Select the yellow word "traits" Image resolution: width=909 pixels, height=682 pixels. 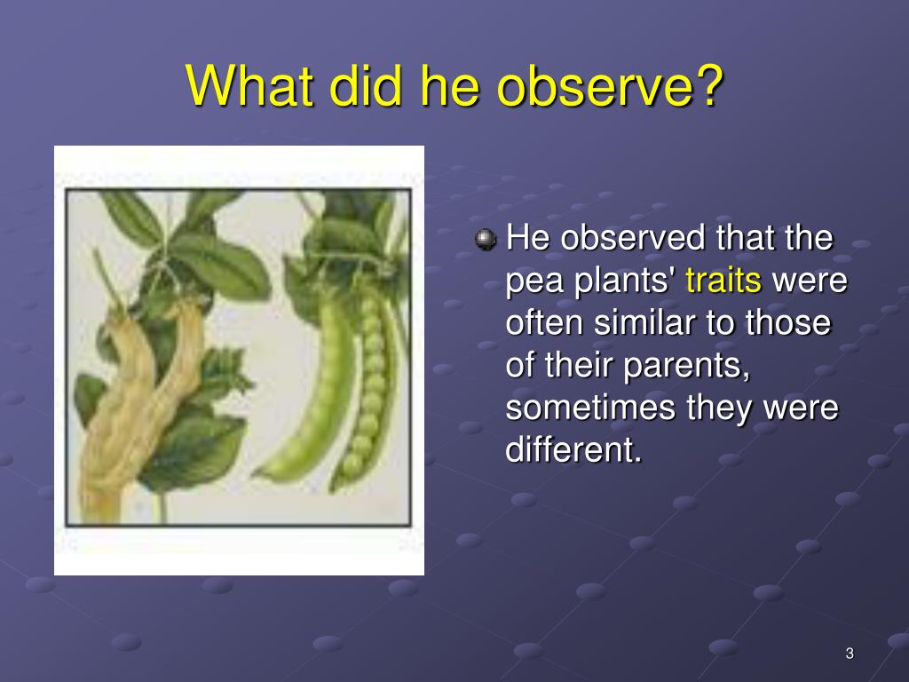(723, 280)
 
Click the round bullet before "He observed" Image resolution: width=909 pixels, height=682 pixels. (486, 239)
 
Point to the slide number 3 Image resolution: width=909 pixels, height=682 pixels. (850, 654)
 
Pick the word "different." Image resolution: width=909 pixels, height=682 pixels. (574, 449)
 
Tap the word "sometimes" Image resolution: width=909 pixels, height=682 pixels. (590, 407)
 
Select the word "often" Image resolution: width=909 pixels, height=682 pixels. (544, 322)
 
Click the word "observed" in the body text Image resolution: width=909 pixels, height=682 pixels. (632, 238)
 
